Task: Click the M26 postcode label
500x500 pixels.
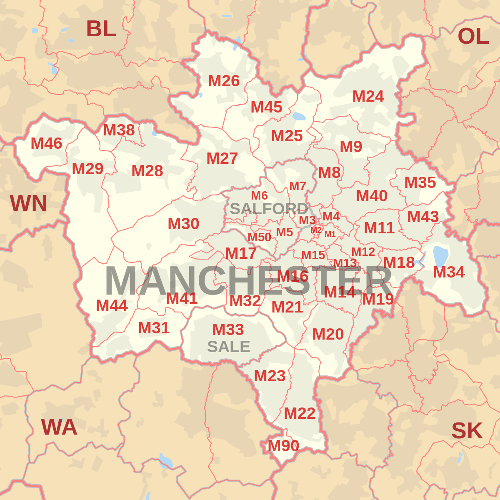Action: pyautogui.click(x=224, y=81)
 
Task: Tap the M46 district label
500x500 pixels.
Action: pyautogui.click(x=46, y=144)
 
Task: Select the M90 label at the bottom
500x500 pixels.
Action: pyautogui.click(x=283, y=446)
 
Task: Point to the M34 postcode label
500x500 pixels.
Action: pyautogui.click(x=449, y=272)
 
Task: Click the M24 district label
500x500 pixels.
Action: pyautogui.click(x=368, y=96)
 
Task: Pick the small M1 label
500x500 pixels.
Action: pyautogui.click(x=330, y=234)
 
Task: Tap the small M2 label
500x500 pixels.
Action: pyautogui.click(x=316, y=230)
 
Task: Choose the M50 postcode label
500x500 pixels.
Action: pyautogui.click(x=259, y=237)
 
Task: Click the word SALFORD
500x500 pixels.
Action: pyautogui.click(x=269, y=208)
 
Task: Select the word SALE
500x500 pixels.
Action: pyautogui.click(x=228, y=347)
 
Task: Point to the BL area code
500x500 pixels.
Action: pyautogui.click(x=101, y=29)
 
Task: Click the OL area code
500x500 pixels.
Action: pyautogui.click(x=473, y=36)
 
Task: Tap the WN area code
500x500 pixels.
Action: pyautogui.click(x=28, y=203)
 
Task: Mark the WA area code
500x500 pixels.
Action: pyautogui.click(x=59, y=427)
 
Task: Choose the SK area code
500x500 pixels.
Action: pyautogui.click(x=467, y=431)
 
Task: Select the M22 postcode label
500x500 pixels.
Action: pyautogui.click(x=300, y=413)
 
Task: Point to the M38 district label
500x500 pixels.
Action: pyautogui.click(x=119, y=130)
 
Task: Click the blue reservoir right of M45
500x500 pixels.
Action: pyautogui.click(x=299, y=116)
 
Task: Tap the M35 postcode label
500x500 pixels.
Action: pyautogui.click(x=420, y=182)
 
